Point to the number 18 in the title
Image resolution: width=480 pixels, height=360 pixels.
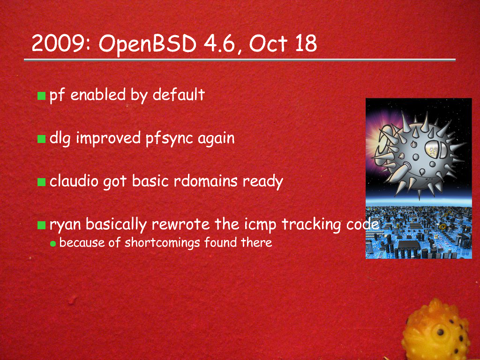click(x=306, y=43)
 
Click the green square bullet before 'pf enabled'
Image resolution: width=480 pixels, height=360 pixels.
click(x=41, y=96)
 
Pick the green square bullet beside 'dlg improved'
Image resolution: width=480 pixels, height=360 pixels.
click(x=41, y=139)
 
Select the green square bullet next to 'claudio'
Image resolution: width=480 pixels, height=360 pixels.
click(x=41, y=182)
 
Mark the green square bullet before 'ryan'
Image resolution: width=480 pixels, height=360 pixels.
click(x=41, y=225)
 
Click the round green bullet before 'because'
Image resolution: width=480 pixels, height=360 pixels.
click(x=53, y=244)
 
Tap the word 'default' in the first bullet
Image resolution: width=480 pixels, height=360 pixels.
click(x=179, y=94)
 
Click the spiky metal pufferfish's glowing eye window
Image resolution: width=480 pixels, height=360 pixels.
click(x=434, y=150)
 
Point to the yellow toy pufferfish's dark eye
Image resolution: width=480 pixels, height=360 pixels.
click(x=440, y=332)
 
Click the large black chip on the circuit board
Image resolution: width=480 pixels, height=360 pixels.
click(x=409, y=244)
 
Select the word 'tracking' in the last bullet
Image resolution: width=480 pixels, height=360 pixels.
click(x=311, y=225)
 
